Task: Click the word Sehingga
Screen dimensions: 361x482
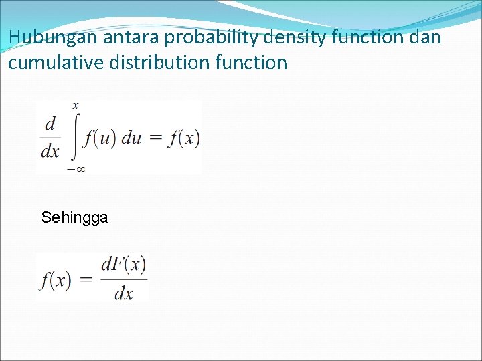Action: click(x=74, y=217)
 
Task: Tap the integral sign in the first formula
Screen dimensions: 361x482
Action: click(x=74, y=138)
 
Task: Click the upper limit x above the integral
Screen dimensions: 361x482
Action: click(x=75, y=106)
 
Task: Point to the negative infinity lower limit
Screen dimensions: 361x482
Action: click(x=76, y=169)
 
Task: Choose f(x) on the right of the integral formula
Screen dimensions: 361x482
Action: click(x=184, y=138)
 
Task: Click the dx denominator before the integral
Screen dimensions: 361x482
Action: click(x=50, y=152)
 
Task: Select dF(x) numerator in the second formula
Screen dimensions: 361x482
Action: click(x=124, y=265)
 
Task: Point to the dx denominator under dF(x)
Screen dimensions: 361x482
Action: click(x=124, y=293)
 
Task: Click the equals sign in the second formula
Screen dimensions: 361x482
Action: click(x=86, y=279)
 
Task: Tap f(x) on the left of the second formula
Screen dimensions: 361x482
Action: click(x=55, y=279)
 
